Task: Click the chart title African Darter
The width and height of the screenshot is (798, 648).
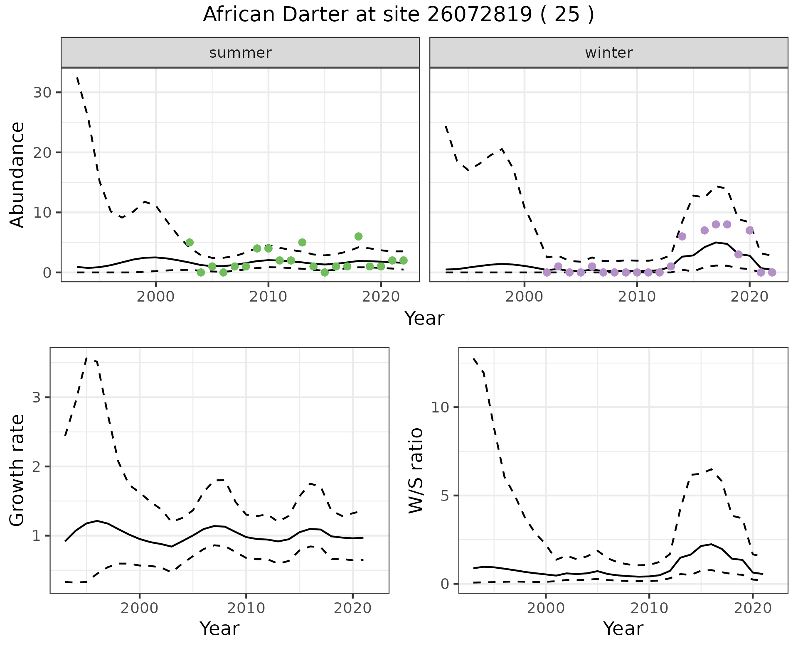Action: pos(398,15)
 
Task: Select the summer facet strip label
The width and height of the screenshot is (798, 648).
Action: pos(240,53)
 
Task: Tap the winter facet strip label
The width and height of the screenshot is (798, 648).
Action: pos(608,53)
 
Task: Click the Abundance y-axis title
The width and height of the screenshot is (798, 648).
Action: pos(17,175)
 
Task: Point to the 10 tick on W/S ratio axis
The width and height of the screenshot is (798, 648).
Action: pos(440,407)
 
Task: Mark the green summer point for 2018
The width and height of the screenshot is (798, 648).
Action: pos(358,236)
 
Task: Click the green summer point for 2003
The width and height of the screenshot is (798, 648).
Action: pos(190,242)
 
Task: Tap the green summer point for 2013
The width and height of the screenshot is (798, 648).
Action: pos(302,242)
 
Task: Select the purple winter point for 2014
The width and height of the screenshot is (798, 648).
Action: pos(682,236)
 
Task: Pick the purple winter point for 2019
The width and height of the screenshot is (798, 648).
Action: pos(738,254)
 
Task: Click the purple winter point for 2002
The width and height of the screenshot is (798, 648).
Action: pos(547,272)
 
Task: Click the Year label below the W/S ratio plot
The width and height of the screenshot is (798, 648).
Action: pos(623,629)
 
